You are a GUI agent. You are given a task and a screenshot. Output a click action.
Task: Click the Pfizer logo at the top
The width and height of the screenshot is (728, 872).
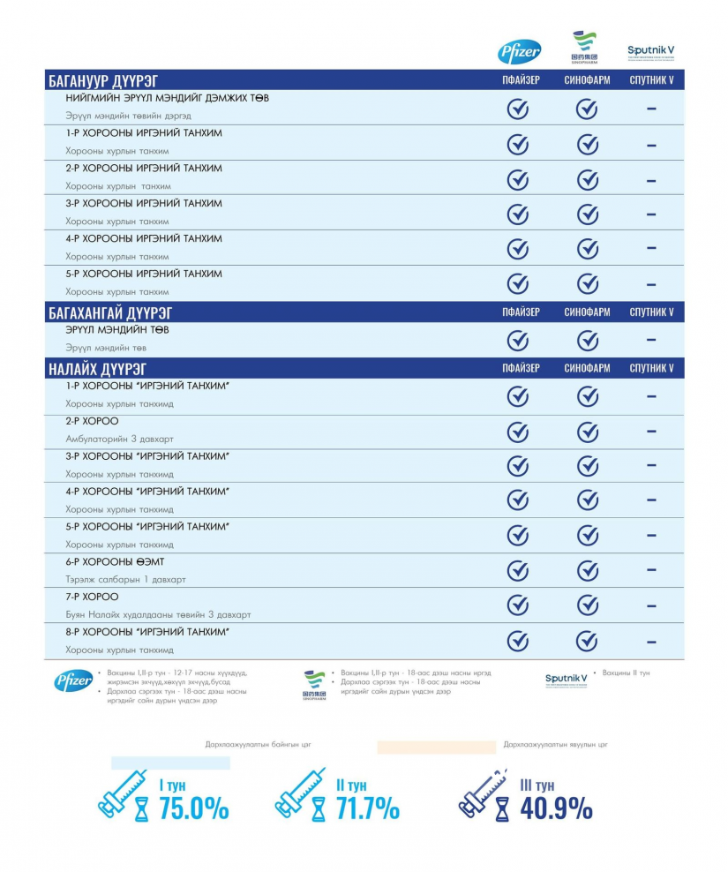(x=520, y=51)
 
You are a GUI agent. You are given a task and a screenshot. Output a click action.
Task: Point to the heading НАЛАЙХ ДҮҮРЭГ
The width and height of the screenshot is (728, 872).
(x=97, y=369)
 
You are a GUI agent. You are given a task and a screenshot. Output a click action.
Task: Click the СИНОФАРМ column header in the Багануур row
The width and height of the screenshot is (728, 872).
(x=587, y=81)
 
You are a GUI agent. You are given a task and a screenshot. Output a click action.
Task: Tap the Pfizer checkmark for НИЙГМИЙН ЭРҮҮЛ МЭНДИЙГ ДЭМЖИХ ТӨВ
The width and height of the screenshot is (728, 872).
(x=518, y=109)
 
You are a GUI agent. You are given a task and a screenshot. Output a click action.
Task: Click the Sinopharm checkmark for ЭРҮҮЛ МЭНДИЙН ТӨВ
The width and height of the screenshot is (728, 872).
(x=588, y=340)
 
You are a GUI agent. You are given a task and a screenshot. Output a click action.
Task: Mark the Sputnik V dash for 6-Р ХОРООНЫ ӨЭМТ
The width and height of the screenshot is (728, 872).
(x=651, y=570)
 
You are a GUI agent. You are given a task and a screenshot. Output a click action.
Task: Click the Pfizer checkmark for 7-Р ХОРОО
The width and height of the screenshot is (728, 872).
(x=518, y=605)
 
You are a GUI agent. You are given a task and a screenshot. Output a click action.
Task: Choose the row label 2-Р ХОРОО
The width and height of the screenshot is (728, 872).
(x=92, y=421)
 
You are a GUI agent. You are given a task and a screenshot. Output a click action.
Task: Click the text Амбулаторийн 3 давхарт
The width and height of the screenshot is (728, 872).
(x=119, y=439)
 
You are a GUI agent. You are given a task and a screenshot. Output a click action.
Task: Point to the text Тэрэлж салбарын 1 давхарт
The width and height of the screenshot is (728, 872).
(x=125, y=579)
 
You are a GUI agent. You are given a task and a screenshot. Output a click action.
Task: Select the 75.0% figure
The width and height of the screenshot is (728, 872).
(x=194, y=808)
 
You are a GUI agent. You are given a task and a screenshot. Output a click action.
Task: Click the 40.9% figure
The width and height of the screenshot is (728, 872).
(x=556, y=808)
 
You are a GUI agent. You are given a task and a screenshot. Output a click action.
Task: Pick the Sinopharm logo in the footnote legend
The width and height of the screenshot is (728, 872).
(x=314, y=685)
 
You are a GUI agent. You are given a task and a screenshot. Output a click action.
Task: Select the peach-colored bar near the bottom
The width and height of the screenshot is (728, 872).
(x=436, y=747)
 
